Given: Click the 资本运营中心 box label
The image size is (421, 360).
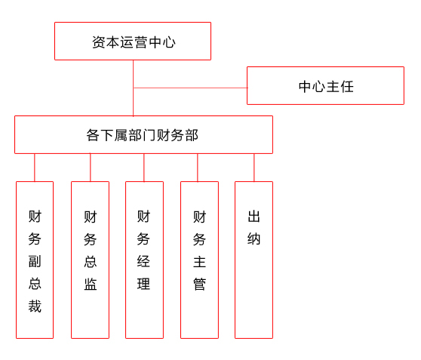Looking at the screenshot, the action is tap(134, 42).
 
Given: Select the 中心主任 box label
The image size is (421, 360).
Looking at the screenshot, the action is tap(326, 87).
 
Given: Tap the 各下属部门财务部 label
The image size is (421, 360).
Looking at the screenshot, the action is tap(143, 135).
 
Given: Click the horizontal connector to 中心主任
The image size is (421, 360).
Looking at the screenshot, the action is tap(190, 88).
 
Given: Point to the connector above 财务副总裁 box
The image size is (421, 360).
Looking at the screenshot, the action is tap(35, 168).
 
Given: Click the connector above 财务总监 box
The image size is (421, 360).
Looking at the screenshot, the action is tap(91, 168).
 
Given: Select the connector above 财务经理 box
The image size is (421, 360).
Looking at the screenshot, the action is tap(144, 168).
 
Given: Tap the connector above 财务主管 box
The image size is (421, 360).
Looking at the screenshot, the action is tap(198, 168).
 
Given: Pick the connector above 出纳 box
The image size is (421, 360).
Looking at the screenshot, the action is tap(254, 168).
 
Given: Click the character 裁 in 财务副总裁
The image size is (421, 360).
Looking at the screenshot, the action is tap(35, 306).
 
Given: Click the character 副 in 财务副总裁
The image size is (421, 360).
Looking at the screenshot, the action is tap(35, 261).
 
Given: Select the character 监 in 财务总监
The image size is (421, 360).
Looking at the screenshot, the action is tap(91, 284).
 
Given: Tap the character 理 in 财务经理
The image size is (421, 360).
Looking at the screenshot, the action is tap(143, 284).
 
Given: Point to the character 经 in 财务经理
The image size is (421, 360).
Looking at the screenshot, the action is tap(143, 261).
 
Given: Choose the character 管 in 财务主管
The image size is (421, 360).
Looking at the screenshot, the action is tap(199, 285).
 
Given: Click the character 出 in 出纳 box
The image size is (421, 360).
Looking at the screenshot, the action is tap(254, 217).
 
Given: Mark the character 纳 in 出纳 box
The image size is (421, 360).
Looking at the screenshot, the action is tap(254, 238).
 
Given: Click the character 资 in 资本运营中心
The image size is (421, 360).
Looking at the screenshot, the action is tap(99, 42).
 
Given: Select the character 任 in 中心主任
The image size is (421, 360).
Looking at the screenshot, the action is tap(347, 87).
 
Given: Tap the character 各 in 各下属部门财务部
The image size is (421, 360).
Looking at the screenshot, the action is tap(93, 135).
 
